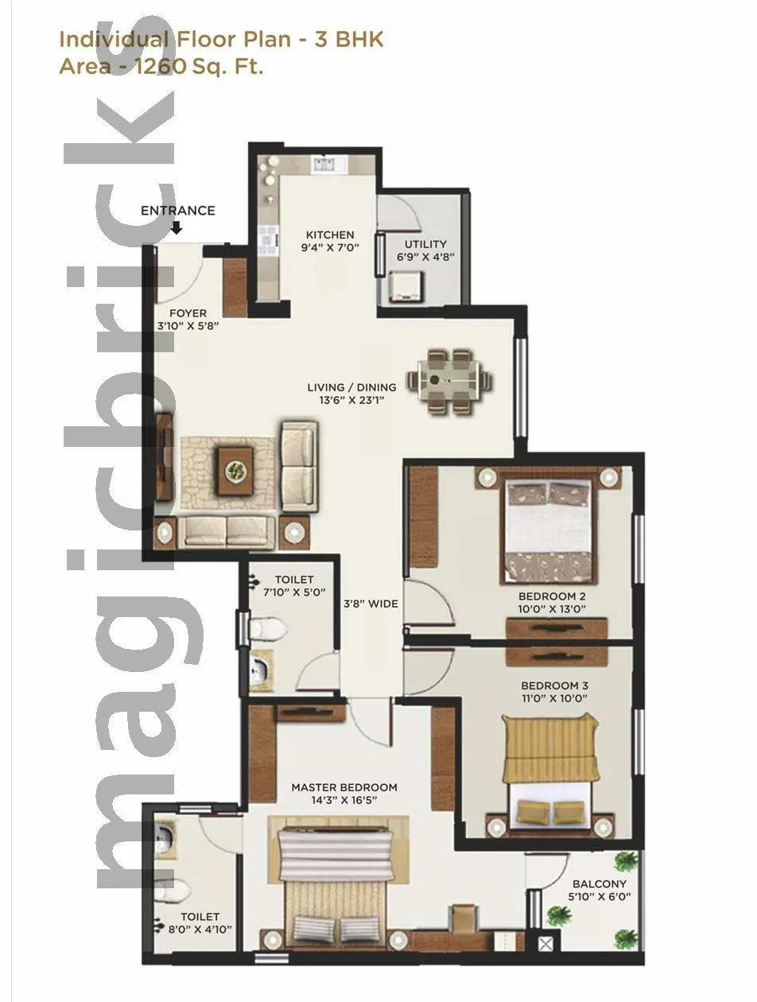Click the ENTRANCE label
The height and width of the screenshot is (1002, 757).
click(177, 211)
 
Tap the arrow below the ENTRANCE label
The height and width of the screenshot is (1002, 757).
click(177, 228)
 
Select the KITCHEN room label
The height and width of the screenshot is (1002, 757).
click(330, 235)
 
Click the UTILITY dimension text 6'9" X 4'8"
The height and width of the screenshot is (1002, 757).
click(425, 257)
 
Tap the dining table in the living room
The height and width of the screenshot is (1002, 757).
click(450, 382)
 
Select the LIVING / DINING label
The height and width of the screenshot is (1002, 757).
click(351, 387)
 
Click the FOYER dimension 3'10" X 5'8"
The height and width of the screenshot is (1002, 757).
click(188, 326)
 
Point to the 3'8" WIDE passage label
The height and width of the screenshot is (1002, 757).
click(371, 604)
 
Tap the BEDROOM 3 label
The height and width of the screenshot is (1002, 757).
click(554, 685)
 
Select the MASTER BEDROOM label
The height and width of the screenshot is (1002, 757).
click(344, 787)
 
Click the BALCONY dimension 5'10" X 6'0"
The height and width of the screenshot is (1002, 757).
click(600, 897)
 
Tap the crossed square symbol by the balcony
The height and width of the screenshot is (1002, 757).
click(545, 945)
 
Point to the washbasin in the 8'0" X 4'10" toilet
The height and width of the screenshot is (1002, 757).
click(164, 837)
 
